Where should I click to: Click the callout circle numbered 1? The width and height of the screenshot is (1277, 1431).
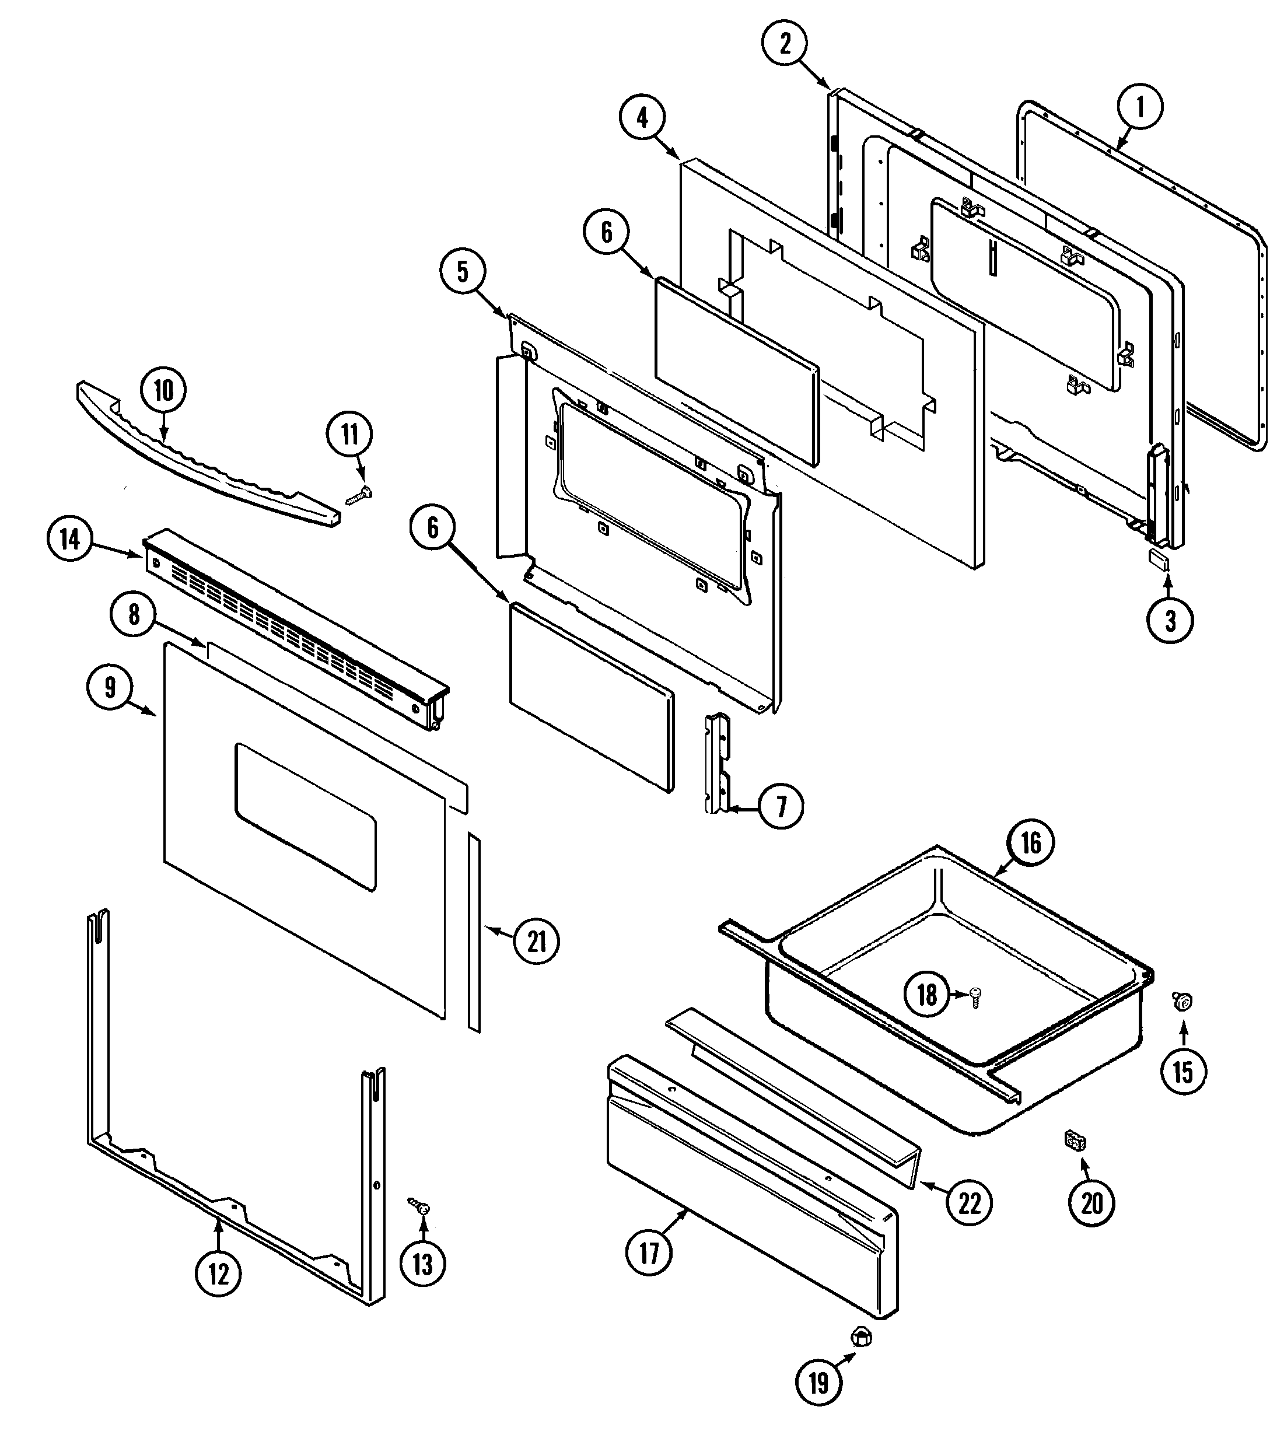click(1139, 107)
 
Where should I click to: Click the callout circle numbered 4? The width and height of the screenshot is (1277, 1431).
click(643, 117)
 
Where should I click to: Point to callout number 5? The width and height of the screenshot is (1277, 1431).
click(463, 271)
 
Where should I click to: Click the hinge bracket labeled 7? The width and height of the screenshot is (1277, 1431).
click(717, 763)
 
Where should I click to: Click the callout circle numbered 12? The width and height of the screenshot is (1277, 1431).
click(218, 1273)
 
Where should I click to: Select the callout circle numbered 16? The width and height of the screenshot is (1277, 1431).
click(1030, 842)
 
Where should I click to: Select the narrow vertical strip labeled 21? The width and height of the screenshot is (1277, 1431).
click(475, 933)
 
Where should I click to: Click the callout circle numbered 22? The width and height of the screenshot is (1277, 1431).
click(969, 1203)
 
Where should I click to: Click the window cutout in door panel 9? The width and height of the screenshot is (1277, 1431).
click(305, 817)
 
